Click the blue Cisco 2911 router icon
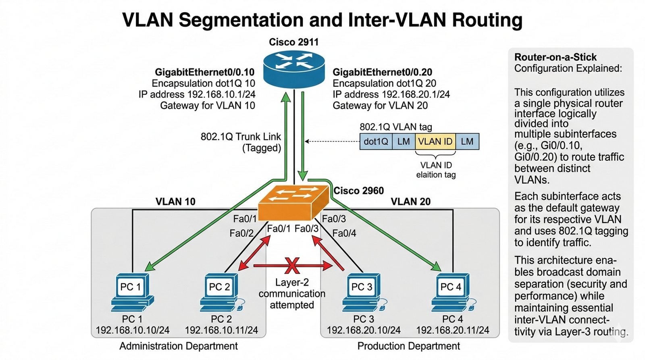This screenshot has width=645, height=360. [x=293, y=69]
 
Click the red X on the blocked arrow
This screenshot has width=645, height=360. [x=292, y=266]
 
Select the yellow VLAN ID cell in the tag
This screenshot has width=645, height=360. [x=435, y=142]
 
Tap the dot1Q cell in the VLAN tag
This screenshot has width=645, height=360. [x=376, y=142]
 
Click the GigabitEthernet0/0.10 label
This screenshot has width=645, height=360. [x=204, y=72]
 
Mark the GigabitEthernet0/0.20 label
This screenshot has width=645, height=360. [x=382, y=72]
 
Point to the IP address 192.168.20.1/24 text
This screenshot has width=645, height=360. [x=391, y=94]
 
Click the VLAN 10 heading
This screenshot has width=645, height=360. [x=175, y=202]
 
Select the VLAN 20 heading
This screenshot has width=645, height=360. [x=410, y=202]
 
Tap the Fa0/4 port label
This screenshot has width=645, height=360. [x=344, y=233]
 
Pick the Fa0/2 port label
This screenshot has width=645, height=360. [x=241, y=233]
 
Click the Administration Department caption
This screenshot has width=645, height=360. [x=179, y=346]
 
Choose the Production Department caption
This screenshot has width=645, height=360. [x=408, y=346]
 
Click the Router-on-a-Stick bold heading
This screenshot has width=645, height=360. [x=555, y=57]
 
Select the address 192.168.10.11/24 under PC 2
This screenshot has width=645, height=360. [x=221, y=330]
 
